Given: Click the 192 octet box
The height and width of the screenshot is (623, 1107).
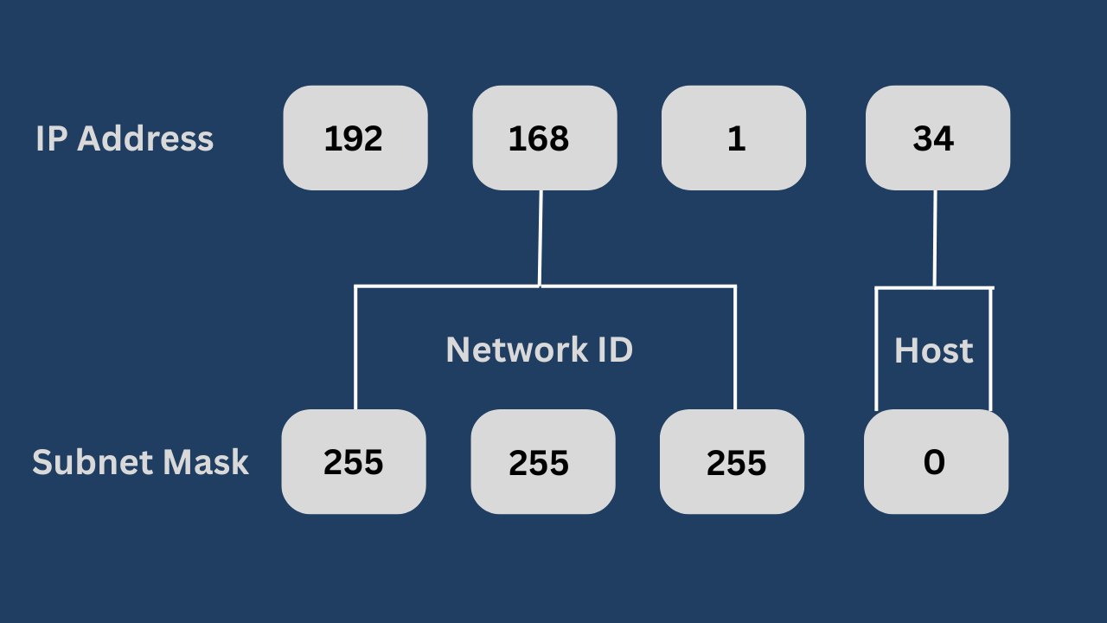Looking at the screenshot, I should tap(355, 138).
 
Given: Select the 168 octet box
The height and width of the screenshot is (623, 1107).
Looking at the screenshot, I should tap(544, 138).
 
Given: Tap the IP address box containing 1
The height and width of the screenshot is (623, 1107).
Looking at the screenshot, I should tap(733, 138).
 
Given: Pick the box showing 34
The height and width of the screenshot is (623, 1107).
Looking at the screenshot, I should tap(937, 138).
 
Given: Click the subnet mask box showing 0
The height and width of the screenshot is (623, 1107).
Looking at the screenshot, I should tap(936, 461).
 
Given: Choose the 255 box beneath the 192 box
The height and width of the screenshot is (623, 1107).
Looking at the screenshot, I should tap(353, 461).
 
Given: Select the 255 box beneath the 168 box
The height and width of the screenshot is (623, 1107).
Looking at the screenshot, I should tap(542, 461).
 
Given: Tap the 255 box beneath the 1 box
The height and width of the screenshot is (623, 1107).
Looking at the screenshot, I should tap(732, 461).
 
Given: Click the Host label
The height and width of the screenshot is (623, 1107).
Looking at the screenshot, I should tap(933, 350).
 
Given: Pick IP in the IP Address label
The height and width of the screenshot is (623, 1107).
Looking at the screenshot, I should tap(51, 138).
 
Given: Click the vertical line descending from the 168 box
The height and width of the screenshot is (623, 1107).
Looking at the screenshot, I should tap(541, 238).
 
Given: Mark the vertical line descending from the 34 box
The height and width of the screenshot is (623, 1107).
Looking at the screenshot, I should tap(935, 238).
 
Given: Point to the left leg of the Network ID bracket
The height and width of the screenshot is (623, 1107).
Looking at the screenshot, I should tap(355, 346).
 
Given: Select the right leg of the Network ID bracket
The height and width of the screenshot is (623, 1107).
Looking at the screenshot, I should tap(735, 346).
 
